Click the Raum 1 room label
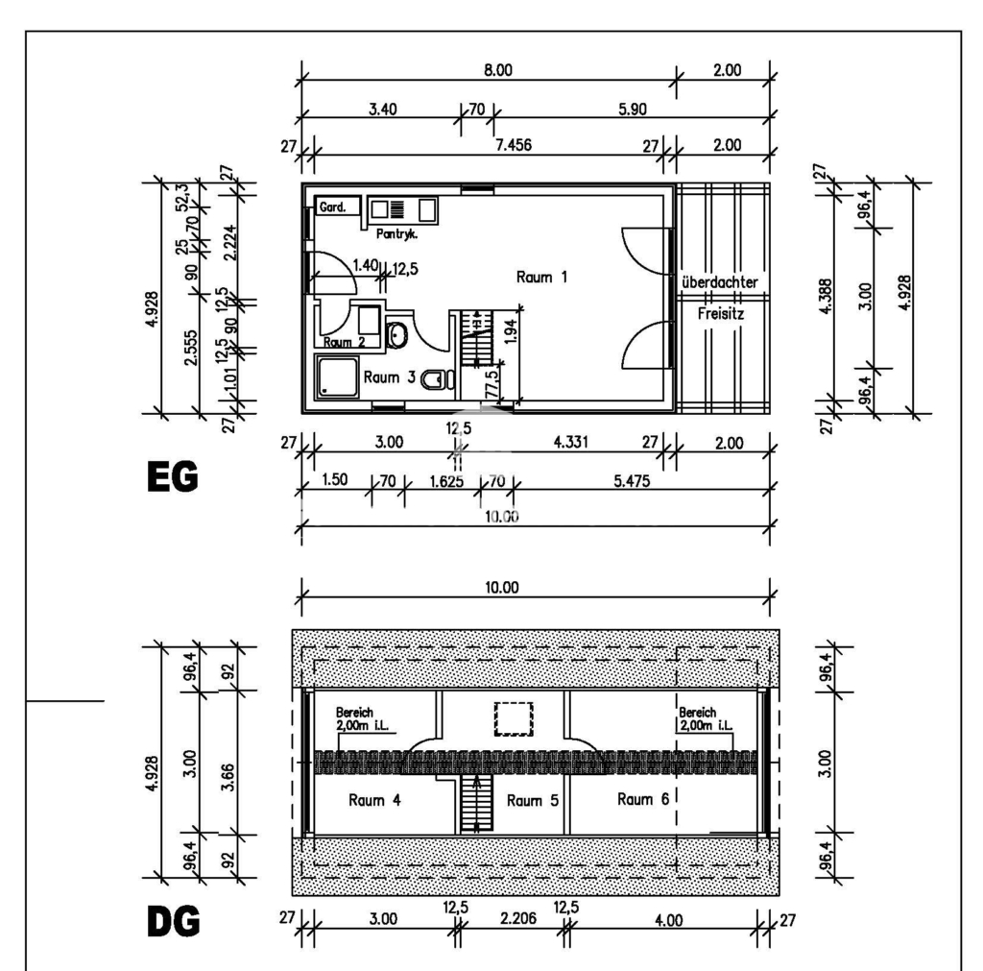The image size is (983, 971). pos(541,277)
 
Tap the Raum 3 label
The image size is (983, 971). pos(390,377)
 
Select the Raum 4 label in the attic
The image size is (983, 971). pos(374,800)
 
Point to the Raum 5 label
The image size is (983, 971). pos(532,800)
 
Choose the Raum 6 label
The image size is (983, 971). pos(643,798)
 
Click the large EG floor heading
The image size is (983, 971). pos(173,476)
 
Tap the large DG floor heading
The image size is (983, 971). pos(174,921)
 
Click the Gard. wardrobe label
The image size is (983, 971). pos(332,207)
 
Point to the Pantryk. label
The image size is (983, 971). pos(396,234)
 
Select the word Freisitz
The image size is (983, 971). pos(721,313)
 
